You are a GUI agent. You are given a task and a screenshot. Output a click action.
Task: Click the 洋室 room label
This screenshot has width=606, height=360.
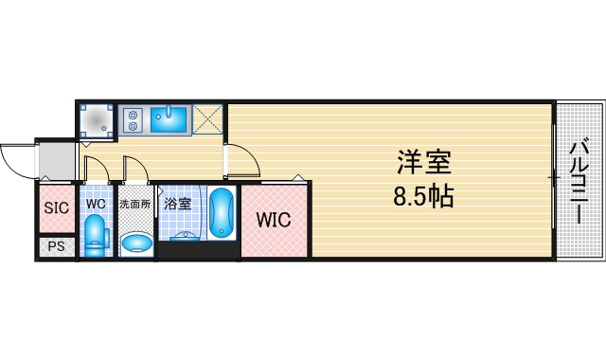(424, 162)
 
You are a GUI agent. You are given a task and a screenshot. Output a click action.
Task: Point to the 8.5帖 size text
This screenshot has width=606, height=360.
(423, 196)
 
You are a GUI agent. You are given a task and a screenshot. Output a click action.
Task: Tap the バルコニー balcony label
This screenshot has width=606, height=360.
(579, 183)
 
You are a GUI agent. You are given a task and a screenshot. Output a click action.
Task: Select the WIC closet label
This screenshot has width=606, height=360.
(274, 220)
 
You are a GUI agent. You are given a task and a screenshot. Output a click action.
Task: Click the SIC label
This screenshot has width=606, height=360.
(57, 208)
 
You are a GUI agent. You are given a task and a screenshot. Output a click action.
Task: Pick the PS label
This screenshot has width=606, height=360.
(57, 246)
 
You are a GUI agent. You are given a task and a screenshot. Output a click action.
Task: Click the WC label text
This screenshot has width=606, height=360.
(96, 204)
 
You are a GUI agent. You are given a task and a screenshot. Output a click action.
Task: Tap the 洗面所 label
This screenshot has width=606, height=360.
(134, 204)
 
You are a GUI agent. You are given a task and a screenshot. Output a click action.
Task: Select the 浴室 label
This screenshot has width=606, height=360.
(178, 204)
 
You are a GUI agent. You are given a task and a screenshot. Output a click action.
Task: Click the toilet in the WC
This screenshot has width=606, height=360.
(96, 236)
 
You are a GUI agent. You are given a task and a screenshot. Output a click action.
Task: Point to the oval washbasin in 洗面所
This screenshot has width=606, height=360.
(136, 243)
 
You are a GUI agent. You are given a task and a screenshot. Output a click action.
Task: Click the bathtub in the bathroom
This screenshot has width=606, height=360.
(221, 212)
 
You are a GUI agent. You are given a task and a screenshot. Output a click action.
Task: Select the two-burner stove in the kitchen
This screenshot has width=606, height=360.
(133, 120)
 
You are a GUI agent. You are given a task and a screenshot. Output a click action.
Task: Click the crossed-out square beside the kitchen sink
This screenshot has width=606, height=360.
(207, 119)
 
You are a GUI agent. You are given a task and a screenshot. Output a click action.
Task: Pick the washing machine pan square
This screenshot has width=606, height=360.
(97, 120)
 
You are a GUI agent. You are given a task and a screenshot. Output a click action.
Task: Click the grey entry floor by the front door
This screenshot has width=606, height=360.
(57, 161)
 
